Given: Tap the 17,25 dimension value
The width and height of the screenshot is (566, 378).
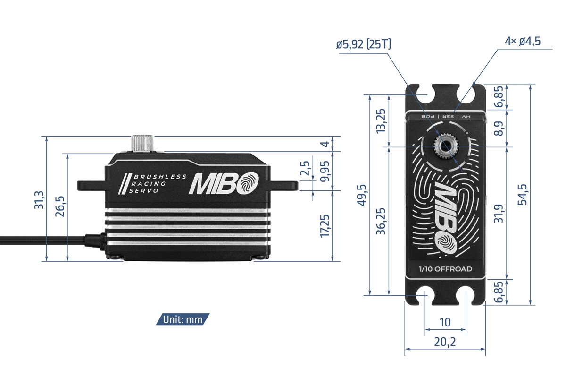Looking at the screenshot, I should pos(325,226).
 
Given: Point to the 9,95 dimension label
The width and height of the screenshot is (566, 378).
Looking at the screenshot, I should pos(325,171).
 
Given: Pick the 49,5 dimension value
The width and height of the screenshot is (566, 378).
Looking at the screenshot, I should pos(362,194).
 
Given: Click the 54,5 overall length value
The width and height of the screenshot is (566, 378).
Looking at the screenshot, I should pos(522,194).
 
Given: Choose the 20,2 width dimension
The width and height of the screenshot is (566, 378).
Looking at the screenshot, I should pos(445,342).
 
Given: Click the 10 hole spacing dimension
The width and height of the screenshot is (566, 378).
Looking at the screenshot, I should pos(445,322).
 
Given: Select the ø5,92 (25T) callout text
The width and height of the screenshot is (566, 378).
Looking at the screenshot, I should pos(364,45).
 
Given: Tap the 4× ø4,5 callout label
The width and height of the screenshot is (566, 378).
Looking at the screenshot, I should pos(522,42).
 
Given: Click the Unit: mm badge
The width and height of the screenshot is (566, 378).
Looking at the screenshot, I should pos(183,319).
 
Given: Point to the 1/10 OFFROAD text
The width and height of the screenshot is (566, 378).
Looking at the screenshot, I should pos(445,269).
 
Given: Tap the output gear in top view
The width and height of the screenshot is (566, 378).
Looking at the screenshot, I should pos(445,147).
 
